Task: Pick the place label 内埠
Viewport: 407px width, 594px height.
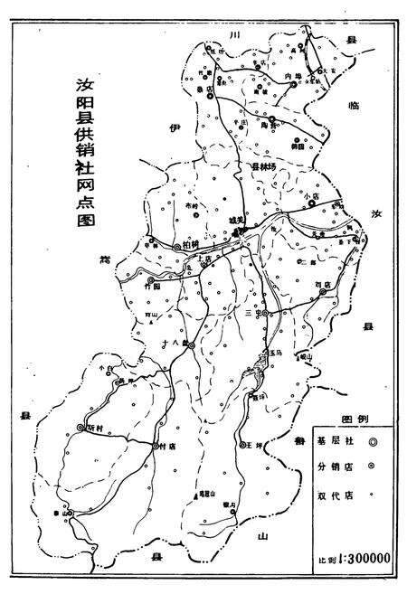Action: point(291,77)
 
